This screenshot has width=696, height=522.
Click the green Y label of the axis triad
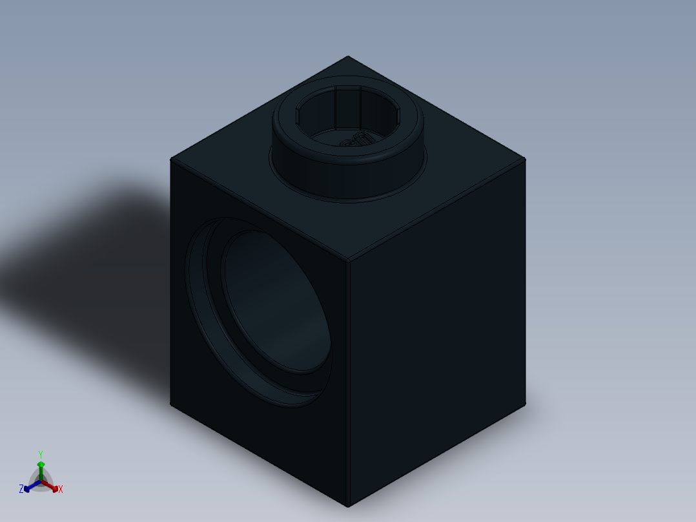pos(41,454)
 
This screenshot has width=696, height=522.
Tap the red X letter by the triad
pos(61,490)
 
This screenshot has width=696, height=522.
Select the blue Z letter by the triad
pos(21,489)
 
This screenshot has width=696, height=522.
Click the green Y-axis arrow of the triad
pos(41,468)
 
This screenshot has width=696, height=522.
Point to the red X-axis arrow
pos(53,486)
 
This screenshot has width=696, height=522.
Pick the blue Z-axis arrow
pos(29,487)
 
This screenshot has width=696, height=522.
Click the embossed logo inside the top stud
pos(357,140)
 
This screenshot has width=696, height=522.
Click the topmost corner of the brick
pos(348,56)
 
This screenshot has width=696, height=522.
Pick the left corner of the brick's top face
pos(171,159)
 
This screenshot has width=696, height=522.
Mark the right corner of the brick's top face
pos(525,159)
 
